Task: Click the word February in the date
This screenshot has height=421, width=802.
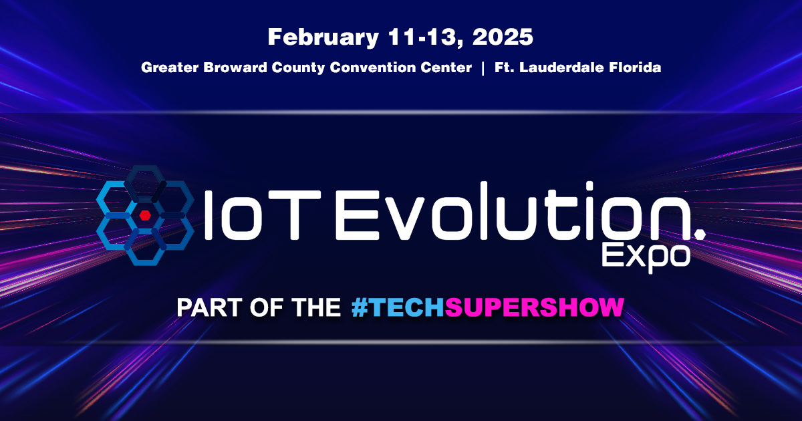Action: point(323,37)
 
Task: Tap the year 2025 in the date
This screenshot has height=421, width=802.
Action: point(503,37)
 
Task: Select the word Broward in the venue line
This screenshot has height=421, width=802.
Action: point(235,67)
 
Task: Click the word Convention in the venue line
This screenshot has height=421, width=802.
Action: point(372,67)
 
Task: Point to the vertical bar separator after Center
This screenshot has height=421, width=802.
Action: point(483,68)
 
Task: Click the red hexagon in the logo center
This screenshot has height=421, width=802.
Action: point(144,215)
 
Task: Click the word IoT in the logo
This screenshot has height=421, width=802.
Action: point(262,215)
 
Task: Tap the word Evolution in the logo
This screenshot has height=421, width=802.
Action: point(513,211)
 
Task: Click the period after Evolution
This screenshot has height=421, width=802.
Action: point(700,234)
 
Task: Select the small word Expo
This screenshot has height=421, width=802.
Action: point(646,257)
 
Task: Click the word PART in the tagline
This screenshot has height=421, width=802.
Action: point(209,307)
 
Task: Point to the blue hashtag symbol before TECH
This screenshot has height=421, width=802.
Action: point(360,307)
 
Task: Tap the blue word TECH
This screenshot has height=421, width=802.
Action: point(406,307)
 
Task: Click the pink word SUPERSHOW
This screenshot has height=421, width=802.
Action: point(534,307)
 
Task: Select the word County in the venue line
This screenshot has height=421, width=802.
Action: point(298,68)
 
